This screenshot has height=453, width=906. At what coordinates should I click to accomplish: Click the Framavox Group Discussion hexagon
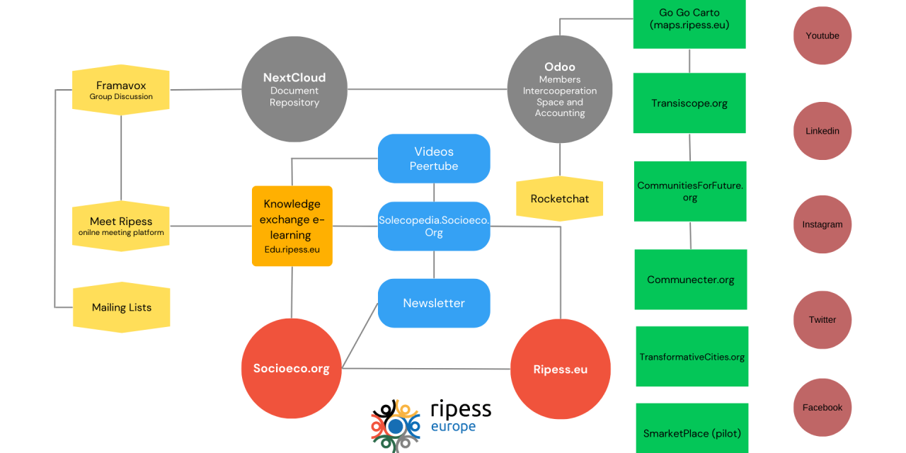point(121,90)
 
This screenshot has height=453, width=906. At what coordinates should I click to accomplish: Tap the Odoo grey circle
point(559,88)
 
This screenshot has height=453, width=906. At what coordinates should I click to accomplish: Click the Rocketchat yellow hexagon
point(559,199)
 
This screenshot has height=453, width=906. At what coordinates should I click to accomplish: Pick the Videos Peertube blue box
point(434,159)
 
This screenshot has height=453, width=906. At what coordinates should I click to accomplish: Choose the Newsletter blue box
point(434,303)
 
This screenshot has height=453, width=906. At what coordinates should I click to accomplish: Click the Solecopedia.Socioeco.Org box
point(434,226)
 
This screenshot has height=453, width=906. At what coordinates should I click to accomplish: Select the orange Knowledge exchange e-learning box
point(292,226)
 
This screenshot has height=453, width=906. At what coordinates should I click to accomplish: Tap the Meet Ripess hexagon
point(121,226)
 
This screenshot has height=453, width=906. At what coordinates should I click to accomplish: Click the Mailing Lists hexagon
point(121,307)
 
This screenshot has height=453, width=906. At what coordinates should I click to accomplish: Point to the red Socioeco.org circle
point(291,369)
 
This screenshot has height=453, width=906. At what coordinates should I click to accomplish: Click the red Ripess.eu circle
point(560,369)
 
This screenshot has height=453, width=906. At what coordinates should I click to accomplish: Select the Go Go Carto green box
point(689,21)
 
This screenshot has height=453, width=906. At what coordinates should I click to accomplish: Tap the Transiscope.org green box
point(689,103)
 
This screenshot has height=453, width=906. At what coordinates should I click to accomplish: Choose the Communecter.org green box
point(690,280)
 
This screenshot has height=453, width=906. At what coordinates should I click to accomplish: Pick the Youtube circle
point(822,35)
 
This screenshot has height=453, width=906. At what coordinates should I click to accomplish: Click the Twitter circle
point(822,320)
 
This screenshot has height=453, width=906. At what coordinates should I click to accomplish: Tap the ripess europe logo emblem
point(395,426)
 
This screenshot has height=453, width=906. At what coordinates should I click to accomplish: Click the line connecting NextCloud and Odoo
point(427,89)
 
